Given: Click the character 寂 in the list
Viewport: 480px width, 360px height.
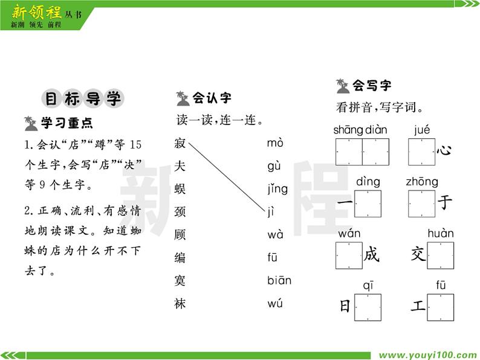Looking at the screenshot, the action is point(180,143).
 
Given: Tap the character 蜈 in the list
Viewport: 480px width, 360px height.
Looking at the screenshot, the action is point(180,189).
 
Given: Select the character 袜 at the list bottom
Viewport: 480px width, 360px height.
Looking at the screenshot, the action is point(180,304).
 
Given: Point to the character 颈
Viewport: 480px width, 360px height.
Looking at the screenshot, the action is point(180,212).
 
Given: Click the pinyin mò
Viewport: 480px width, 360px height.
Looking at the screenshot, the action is point(275,143).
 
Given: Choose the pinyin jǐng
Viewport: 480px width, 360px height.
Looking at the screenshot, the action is point(277,189).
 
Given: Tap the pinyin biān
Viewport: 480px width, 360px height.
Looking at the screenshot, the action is point(279,280).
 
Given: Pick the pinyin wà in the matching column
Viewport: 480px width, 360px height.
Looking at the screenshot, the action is point(275,235).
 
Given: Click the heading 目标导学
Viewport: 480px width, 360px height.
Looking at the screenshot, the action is point(83,98).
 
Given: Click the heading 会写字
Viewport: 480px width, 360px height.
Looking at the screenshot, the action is point(371,86).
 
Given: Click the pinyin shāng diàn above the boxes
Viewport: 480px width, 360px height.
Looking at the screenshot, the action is point(360,130).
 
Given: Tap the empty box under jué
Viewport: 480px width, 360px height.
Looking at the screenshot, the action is point(421,152).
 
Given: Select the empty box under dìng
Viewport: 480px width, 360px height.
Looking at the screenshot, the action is point(368,204).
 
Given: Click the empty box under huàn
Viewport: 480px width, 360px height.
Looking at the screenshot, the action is point(440,256).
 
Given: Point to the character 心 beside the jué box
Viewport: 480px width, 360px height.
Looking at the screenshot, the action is point(444,152).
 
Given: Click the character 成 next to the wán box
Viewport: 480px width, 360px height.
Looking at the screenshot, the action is point(372,256).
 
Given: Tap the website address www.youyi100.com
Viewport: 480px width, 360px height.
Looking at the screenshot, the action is point(427,355).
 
